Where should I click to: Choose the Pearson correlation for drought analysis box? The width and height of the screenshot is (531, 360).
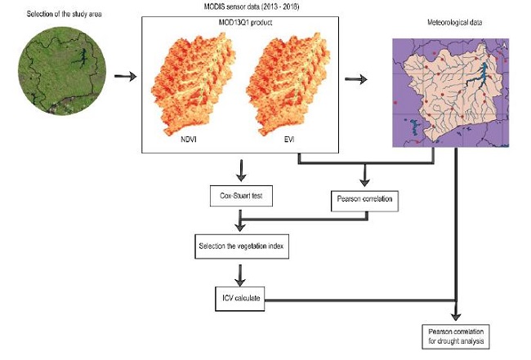pos(456,336)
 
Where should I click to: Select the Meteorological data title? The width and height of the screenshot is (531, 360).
pos(450,22)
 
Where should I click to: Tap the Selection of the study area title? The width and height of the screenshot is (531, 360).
pos(56,16)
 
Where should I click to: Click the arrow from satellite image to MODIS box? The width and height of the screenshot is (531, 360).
pos(125,78)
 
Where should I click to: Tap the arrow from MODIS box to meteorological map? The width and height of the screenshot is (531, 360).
pos(355,79)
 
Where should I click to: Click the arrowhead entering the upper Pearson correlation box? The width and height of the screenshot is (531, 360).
pos(365,181)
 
